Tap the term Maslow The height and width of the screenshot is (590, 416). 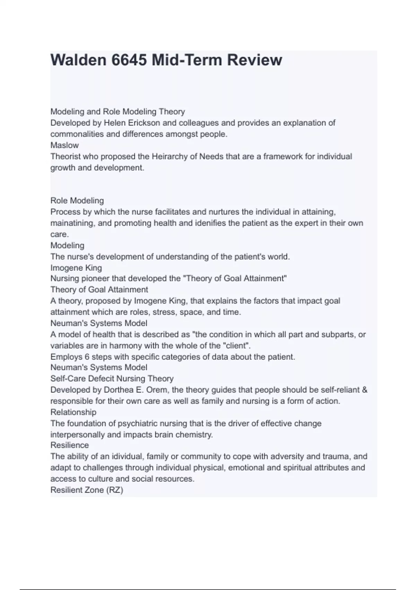pos(64,145)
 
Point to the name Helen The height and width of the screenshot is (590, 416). pos(114,123)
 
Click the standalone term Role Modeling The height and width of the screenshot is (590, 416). pos(77,201)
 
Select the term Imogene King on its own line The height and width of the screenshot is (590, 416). pos(76,268)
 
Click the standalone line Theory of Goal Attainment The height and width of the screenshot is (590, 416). pos(99,289)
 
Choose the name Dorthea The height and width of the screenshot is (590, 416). pos(118,390)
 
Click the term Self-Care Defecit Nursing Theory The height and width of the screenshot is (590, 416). pos(112,379)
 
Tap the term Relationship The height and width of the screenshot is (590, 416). pos(73,412)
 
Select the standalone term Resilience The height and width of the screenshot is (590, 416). pos(70,445)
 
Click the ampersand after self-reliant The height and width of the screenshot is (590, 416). pos(364,390)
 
